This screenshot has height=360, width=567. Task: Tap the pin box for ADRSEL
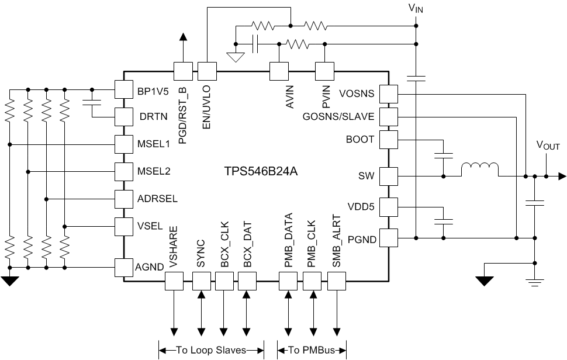click(x=123, y=199)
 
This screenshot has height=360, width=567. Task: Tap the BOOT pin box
click(x=389, y=139)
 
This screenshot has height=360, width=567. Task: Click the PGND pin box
click(x=389, y=238)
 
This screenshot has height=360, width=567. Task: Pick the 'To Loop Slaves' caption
click(x=211, y=350)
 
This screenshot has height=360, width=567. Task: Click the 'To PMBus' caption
click(x=312, y=350)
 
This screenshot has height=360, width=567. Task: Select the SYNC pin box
click(x=201, y=282)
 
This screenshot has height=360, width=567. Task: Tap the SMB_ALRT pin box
click(x=337, y=282)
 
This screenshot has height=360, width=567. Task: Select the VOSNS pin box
click(x=389, y=93)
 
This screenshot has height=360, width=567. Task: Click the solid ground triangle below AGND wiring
click(x=10, y=281)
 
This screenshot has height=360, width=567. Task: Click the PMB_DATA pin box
click(x=288, y=282)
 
